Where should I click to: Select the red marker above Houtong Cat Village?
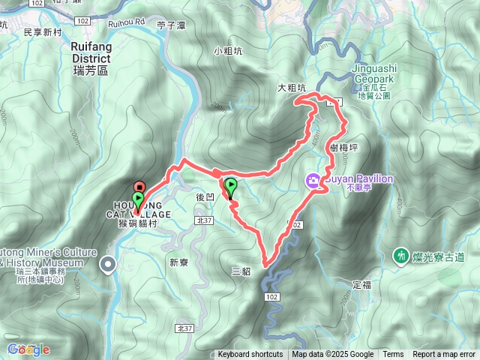(x=139, y=186)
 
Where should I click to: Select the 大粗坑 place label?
(x=292, y=88)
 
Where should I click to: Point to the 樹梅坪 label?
(x=343, y=148)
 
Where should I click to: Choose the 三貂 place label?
(x=241, y=271)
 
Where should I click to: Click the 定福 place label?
(x=361, y=285)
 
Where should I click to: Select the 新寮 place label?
(x=178, y=262)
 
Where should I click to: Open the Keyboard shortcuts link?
(x=250, y=355)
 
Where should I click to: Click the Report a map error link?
(x=443, y=355)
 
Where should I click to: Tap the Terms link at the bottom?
(x=393, y=355)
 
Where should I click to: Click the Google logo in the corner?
(x=28, y=349)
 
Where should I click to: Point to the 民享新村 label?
(x=42, y=32)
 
